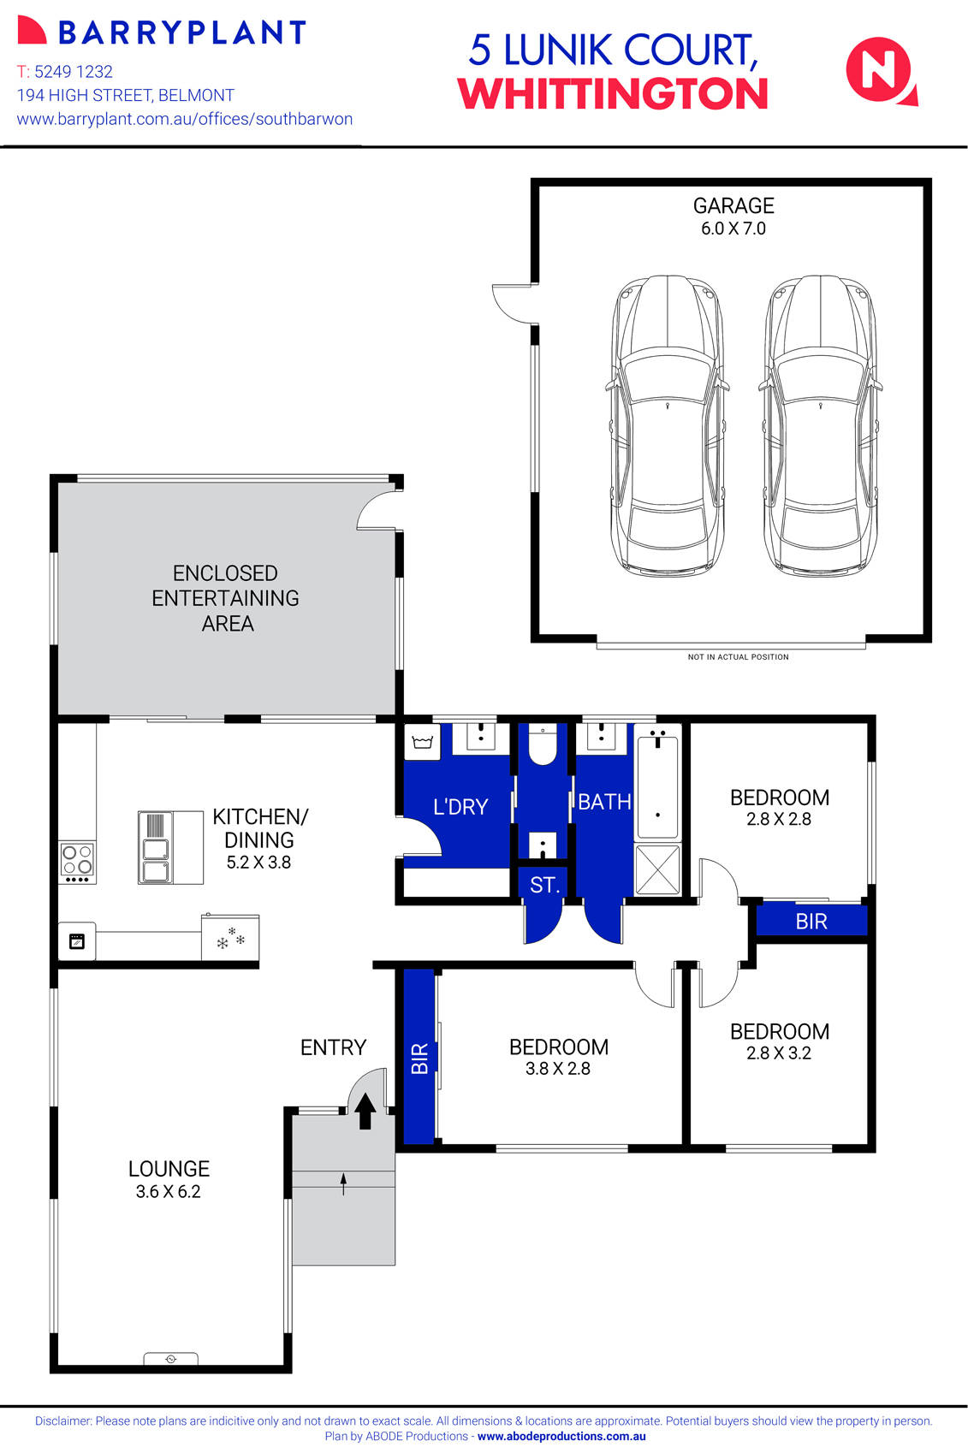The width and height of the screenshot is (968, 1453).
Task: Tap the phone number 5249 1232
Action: click(x=73, y=72)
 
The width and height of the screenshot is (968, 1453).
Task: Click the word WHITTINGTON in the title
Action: click(x=612, y=94)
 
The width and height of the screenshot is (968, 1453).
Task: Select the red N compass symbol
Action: click(x=880, y=72)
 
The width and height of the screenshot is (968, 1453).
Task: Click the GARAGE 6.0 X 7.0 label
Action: click(x=733, y=216)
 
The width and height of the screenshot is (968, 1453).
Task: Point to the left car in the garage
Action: click(x=668, y=425)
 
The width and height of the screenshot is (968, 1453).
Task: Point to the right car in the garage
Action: click(x=820, y=425)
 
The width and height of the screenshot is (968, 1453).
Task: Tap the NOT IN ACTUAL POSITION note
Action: click(x=738, y=657)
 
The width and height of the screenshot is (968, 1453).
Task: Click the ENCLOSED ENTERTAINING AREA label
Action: click(x=226, y=598)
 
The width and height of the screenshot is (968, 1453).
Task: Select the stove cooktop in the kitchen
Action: click(x=77, y=862)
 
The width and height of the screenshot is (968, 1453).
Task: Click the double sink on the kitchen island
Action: click(x=156, y=860)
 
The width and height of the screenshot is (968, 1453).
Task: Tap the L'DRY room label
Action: click(x=460, y=807)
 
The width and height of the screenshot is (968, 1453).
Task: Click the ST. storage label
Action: click(x=544, y=885)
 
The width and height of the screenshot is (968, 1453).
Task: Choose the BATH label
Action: click(x=604, y=802)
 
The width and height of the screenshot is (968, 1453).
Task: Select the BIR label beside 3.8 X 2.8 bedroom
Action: click(x=419, y=1059)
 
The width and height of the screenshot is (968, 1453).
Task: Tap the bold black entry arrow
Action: click(x=365, y=1112)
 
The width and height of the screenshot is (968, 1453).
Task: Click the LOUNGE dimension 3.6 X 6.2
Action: click(x=168, y=1192)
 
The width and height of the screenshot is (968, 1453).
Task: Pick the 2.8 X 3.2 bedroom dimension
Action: click(x=778, y=1053)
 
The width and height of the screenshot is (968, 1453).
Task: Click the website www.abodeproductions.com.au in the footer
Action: click(x=561, y=1437)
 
